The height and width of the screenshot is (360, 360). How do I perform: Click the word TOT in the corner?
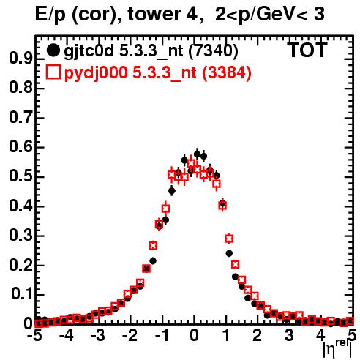[307, 50]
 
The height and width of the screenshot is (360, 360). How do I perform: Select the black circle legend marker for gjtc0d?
[53, 50]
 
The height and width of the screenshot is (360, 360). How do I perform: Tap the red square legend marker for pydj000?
[53, 72]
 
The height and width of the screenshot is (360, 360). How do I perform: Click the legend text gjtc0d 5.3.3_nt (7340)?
[151, 51]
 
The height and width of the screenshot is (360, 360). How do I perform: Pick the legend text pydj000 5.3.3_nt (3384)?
[158, 73]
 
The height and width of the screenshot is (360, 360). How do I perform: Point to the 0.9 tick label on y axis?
[20, 59]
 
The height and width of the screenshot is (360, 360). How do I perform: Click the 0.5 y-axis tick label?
[20, 176]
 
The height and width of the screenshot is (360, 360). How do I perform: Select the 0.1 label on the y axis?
[21, 295]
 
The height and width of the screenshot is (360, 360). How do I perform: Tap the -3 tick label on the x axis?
[98, 336]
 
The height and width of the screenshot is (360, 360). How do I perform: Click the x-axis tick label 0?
[194, 336]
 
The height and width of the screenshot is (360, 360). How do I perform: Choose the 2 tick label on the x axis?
[258, 336]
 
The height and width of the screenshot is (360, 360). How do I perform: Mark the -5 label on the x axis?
[34, 336]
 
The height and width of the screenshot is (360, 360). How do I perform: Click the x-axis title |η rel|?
[337, 348]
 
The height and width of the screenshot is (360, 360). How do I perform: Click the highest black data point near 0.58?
[197, 154]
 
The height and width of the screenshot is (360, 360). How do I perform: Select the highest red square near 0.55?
[191, 163]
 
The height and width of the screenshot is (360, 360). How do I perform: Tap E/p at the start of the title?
[50, 15]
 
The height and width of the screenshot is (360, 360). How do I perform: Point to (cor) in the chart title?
[97, 15]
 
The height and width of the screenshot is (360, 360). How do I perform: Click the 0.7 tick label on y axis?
[20, 118]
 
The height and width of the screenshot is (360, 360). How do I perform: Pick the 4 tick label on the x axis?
[320, 336]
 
